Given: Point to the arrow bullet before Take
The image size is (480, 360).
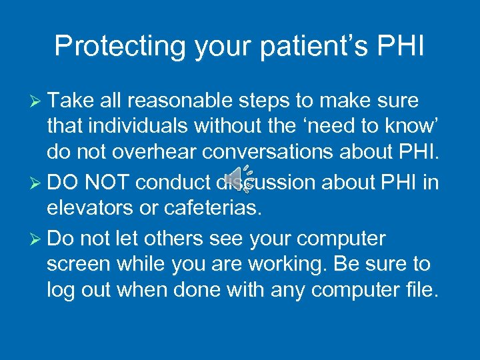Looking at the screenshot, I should click(x=37, y=101).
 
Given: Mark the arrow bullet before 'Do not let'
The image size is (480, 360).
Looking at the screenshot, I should click(x=37, y=238).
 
